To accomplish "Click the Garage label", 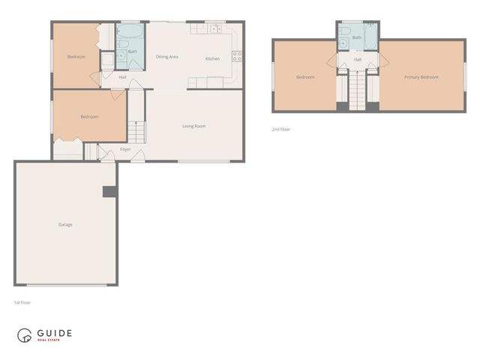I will pyautogui.click(x=66, y=225).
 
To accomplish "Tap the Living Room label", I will pyautogui.click(x=194, y=126).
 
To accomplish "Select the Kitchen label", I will pyautogui.click(x=213, y=58).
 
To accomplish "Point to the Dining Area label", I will pyautogui.click(x=166, y=57).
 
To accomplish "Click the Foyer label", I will pyautogui.click(x=125, y=149).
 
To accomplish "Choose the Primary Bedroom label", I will pyautogui.click(x=421, y=77).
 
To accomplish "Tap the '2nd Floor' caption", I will pyautogui.click(x=281, y=129).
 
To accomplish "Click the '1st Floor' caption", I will pyautogui.click(x=22, y=302).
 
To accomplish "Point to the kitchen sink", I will pyautogui.click(x=214, y=29).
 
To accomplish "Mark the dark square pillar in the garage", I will pyautogui.click(x=109, y=191).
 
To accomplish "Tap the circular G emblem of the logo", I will pyautogui.click(x=25, y=335).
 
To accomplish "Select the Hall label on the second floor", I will pyautogui.click(x=358, y=59).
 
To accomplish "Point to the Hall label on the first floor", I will pyautogui.click(x=122, y=76).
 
